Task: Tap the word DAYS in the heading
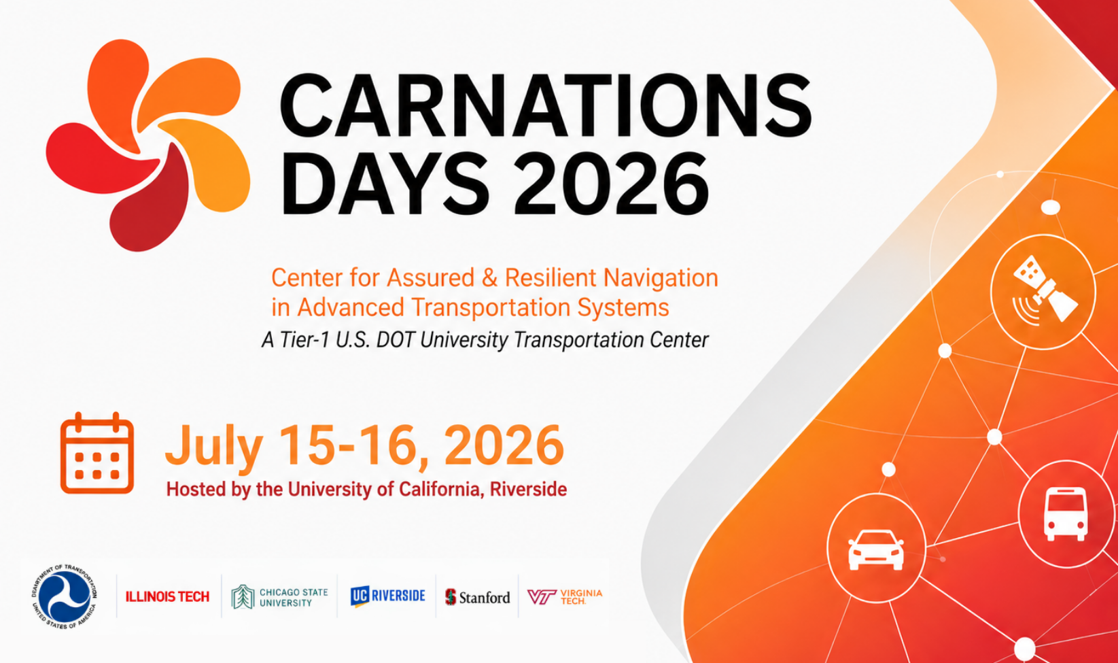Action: pyautogui.click(x=385, y=184)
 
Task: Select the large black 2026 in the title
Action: pyautogui.click(x=612, y=184)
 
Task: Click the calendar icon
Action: pyautogui.click(x=97, y=453)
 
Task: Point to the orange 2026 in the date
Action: pyautogui.click(x=504, y=445)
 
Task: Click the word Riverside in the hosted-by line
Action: pyautogui.click(x=528, y=490)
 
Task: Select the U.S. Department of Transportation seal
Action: pyautogui.click(x=65, y=596)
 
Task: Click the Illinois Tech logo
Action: pyautogui.click(x=167, y=596)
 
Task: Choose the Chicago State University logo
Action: pyautogui.click(x=279, y=597)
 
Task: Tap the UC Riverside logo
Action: pyautogui.click(x=388, y=596)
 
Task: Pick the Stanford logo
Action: pyautogui.click(x=478, y=597)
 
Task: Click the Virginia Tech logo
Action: pyautogui.click(x=565, y=596)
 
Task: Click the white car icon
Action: pyautogui.click(x=876, y=550)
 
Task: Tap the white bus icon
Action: pyautogui.click(x=1066, y=513)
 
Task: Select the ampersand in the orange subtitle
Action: pyautogui.click(x=489, y=278)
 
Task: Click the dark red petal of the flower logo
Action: pyautogui.click(x=148, y=205)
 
